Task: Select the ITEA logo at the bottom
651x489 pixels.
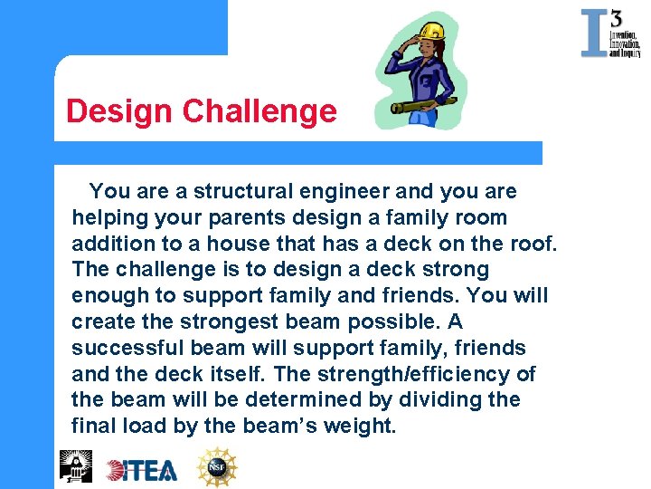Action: (x=142, y=469)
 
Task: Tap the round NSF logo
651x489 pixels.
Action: (x=217, y=467)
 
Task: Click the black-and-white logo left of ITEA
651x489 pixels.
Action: (x=76, y=465)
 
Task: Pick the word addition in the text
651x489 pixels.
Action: (x=113, y=244)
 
